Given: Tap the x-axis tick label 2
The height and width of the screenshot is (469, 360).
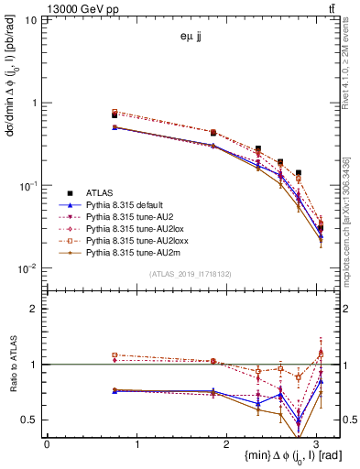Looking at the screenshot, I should [227, 444].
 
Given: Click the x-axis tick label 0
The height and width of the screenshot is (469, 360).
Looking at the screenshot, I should [47, 444].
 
